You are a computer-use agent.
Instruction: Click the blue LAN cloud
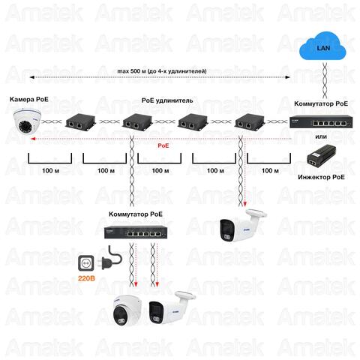[322, 46]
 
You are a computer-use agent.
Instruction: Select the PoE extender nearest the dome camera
[81, 121]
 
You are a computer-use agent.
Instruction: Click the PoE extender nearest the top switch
[250, 121]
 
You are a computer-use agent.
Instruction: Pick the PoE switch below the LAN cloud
[321, 121]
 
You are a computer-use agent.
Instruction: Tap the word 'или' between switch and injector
[321, 136]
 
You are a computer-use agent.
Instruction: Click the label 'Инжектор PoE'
[321, 177]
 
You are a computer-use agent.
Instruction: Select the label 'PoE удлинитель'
[167, 100]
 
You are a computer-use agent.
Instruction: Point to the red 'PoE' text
[163, 145]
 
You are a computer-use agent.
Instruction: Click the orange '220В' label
[86, 278]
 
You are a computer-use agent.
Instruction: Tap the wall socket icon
[86, 263]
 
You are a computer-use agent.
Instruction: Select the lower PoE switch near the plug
[136, 232]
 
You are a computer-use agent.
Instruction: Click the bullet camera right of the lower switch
[242, 226]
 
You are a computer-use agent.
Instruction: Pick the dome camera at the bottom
[127, 311]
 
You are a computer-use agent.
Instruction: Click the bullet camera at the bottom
[172, 307]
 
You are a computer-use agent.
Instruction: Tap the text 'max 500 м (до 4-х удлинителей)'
[162, 71]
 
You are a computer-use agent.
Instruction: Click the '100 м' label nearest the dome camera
[50, 171]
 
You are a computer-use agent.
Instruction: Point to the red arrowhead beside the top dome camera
[32, 139]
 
